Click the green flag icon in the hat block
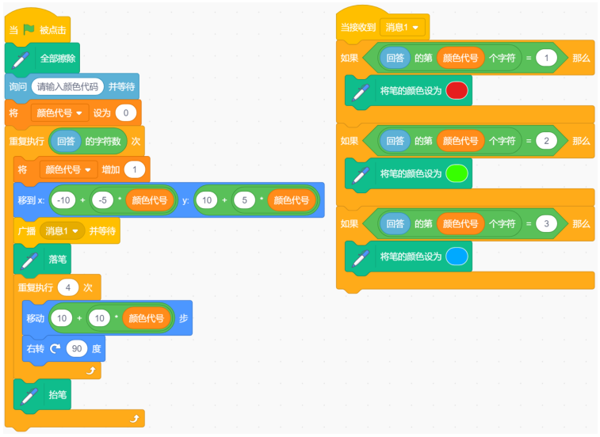29,29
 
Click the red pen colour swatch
457,90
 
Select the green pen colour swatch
457,173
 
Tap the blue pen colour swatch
457,256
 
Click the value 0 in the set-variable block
126,112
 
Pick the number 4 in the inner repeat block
68,287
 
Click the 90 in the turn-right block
77,348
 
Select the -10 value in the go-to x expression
63,200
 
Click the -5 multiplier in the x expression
102,200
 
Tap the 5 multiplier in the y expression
244,200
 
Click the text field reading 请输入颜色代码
67,87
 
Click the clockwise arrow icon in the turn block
55,348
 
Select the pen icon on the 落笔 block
30,260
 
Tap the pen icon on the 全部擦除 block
21,59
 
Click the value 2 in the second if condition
546,141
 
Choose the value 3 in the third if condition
546,224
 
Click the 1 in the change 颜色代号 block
134,169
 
